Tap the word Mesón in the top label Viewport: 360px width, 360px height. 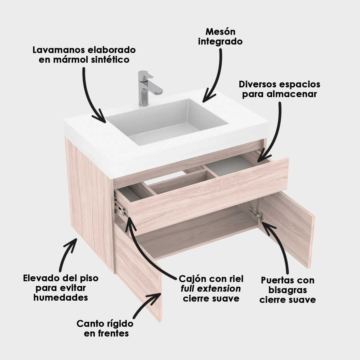coord(220,31)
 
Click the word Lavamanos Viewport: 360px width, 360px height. coord(58,50)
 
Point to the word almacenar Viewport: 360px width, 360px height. coord(292,94)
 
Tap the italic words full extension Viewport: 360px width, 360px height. coord(211,289)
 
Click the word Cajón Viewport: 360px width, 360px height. coord(193,279)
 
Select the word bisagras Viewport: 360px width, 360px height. coord(288,290)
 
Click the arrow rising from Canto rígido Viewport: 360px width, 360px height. coord(148,303)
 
